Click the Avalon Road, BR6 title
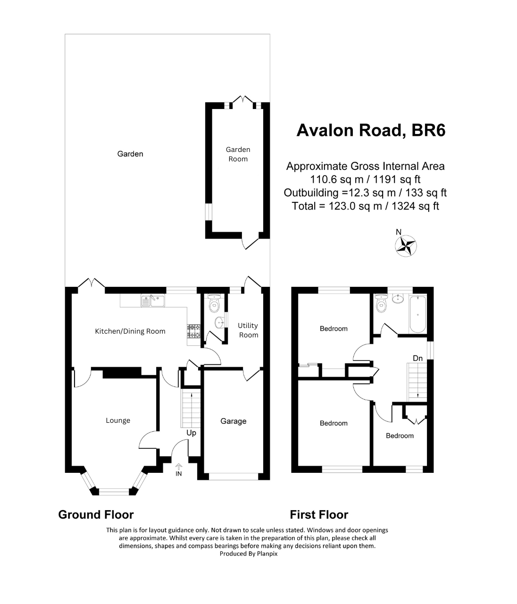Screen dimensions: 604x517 (x=370, y=130)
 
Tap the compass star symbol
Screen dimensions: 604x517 (x=405, y=245)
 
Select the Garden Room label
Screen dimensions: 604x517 (x=238, y=154)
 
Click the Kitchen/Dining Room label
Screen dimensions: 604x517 (x=130, y=331)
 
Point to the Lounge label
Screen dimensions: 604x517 (x=118, y=420)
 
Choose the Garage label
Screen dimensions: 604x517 (x=233, y=421)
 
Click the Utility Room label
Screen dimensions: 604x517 (x=248, y=330)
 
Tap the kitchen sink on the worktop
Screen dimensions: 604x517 (x=152, y=300)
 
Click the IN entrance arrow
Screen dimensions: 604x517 (x=178, y=470)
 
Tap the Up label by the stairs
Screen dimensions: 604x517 (x=191, y=433)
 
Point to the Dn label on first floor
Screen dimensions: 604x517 (x=417, y=359)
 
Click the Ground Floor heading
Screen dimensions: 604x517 (x=96, y=514)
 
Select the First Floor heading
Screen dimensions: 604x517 (x=319, y=514)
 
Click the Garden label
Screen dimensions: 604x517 (x=130, y=154)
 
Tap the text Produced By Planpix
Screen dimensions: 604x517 (x=249, y=554)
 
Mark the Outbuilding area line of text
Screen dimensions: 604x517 (x=365, y=193)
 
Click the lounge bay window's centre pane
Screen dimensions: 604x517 (x=113, y=492)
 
